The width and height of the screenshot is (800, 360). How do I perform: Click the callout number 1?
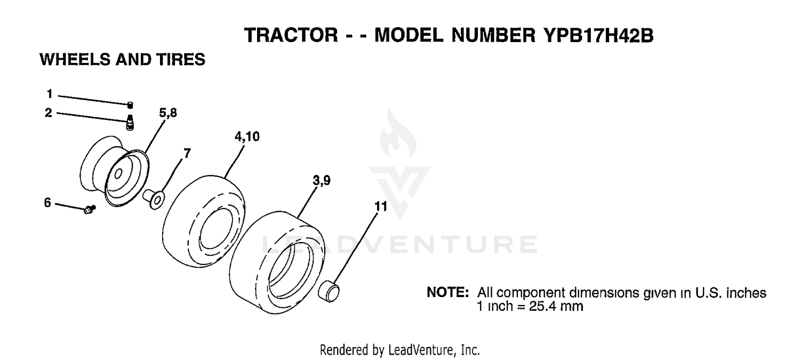click(x=50, y=94)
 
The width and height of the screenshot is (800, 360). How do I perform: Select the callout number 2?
click(x=48, y=113)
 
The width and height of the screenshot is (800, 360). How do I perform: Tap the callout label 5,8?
click(x=168, y=113)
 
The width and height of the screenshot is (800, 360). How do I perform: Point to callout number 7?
click(x=187, y=154)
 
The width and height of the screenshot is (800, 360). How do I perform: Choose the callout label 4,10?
click(x=247, y=137)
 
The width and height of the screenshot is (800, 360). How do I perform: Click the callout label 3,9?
click(x=322, y=181)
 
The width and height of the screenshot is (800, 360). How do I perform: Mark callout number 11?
click(x=381, y=206)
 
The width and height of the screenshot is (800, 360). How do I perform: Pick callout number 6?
click(x=47, y=203)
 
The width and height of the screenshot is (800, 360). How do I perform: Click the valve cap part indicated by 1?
click(x=130, y=105)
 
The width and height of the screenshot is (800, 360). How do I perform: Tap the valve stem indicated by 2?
click(x=130, y=122)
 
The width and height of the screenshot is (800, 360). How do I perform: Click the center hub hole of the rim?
click(x=118, y=174)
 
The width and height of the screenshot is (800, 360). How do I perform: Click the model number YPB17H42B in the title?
click(x=598, y=36)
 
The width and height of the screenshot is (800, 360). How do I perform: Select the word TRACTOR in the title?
click(x=291, y=36)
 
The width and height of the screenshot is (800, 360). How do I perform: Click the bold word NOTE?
click(x=447, y=292)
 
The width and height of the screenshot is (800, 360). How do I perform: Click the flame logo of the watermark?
click(x=397, y=134)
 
